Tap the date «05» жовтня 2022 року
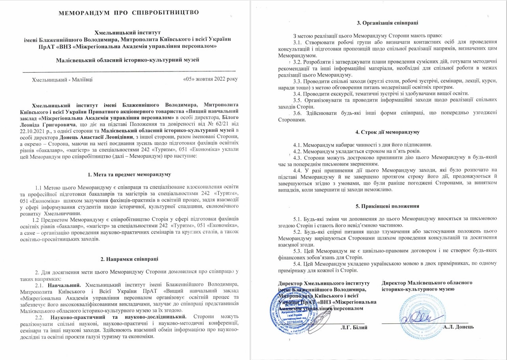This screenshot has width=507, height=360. pyautogui.click(x=211, y=79)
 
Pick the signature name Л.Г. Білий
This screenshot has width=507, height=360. pyautogui.click(x=354, y=327)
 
